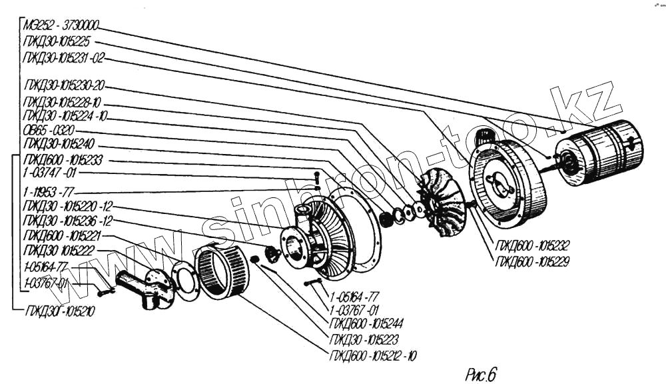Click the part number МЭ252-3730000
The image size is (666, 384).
[x=61, y=25]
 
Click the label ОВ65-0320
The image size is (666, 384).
[x=49, y=130]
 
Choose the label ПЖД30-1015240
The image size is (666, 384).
[x=59, y=144]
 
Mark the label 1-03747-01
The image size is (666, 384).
[x=49, y=173]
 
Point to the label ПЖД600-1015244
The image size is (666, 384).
[x=367, y=325]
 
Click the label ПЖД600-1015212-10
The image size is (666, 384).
[x=373, y=355]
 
